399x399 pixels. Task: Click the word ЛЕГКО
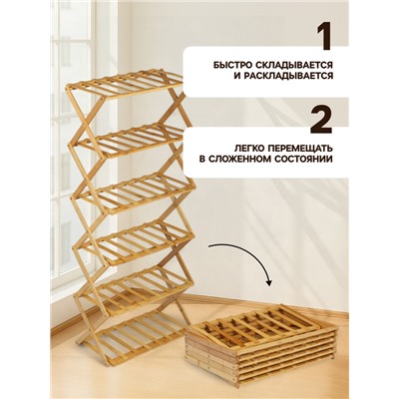click(x=235, y=147)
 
